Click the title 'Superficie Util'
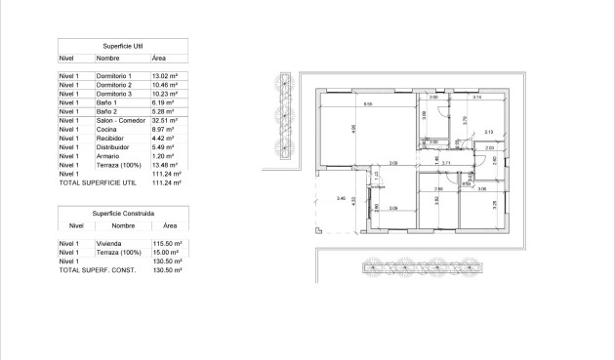123,46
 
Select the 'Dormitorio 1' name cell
113,75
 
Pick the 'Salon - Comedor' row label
119,120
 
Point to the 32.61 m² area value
164,120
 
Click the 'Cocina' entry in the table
105,129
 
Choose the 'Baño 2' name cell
106,110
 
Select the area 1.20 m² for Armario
162,156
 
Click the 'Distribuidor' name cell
112,147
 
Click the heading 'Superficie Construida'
123,212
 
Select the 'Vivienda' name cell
108,243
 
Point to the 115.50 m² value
168,243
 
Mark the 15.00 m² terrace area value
166,252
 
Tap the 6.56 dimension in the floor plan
367,103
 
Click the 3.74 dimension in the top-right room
477,98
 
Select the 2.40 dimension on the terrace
340,199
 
